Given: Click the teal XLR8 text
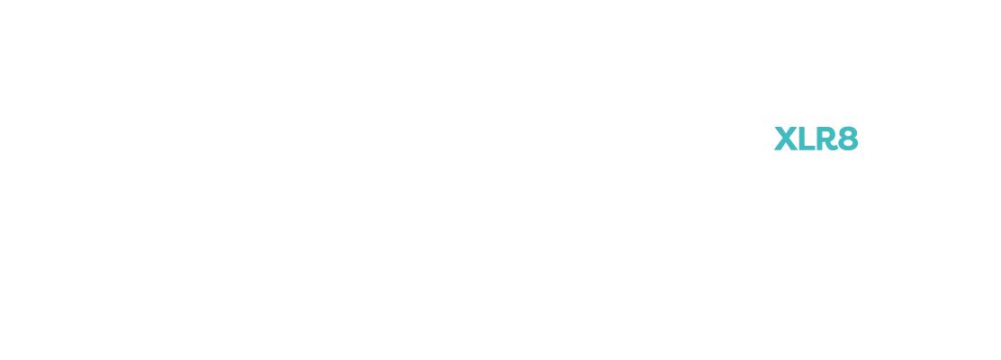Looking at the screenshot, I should tap(816, 139).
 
